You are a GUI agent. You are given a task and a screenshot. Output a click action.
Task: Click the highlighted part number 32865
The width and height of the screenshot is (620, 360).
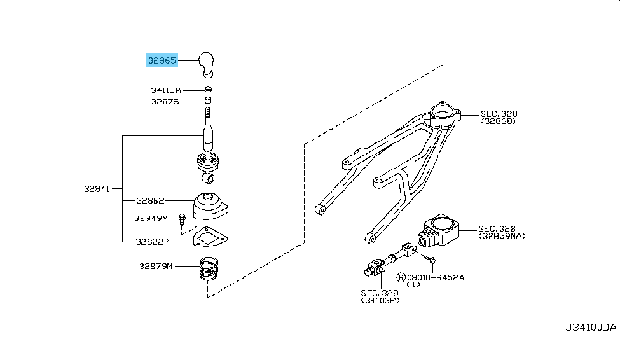[162, 60]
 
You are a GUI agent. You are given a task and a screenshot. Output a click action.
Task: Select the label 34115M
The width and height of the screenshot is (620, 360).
[165, 90]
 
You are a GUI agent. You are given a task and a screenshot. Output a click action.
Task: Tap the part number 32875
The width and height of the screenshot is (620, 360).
[165, 102]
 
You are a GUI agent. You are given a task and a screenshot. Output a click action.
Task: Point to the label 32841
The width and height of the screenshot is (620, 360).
[97, 189]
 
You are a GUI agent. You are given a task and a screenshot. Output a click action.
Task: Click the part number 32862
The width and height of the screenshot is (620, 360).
[150, 200]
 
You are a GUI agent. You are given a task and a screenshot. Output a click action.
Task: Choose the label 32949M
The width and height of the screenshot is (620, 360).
[151, 218]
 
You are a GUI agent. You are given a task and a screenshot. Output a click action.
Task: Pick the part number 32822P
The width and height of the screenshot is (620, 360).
[151, 242]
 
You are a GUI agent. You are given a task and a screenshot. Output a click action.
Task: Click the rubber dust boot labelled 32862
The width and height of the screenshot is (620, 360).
[208, 207]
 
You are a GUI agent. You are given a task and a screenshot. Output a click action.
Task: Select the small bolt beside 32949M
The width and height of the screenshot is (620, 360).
[182, 219]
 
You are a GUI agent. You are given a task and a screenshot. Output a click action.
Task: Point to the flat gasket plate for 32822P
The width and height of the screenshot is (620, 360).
[209, 238]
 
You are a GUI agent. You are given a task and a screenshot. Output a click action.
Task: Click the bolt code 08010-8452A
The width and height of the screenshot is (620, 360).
[436, 277]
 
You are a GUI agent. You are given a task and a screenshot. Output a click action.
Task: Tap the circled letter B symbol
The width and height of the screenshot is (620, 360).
[401, 277]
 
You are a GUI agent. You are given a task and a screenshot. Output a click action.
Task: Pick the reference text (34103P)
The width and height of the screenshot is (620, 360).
[380, 300]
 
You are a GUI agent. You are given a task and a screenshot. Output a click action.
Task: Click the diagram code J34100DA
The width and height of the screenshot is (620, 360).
[591, 328]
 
